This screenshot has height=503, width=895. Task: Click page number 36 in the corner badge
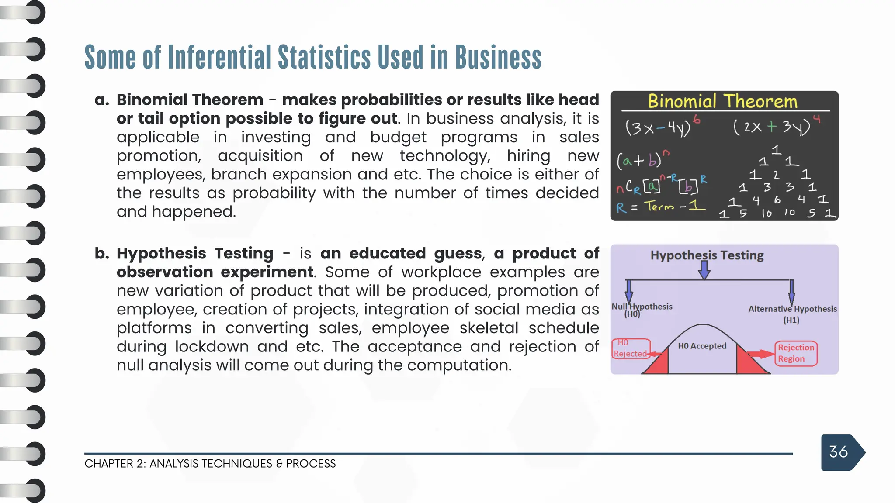(838, 452)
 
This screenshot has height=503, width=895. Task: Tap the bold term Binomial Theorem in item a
(190, 100)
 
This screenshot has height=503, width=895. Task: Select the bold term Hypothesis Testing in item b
(195, 254)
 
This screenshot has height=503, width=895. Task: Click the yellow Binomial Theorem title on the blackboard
(722, 101)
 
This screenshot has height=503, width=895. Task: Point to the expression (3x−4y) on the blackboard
(658, 128)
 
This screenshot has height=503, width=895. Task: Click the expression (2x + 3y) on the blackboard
(771, 127)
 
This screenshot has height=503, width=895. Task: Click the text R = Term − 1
(660, 207)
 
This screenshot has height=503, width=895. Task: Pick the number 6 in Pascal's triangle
(777, 200)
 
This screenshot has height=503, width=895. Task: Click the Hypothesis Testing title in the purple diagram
(707, 255)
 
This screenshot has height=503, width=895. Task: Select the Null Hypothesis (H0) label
(641, 310)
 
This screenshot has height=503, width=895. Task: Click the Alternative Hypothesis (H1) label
(792, 314)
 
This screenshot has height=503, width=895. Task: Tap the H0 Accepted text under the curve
(702, 346)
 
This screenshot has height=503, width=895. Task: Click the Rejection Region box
(796, 353)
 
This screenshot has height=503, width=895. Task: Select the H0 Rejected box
(630, 348)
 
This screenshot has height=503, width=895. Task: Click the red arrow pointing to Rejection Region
(760, 354)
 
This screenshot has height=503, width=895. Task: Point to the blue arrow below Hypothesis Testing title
(704, 270)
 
